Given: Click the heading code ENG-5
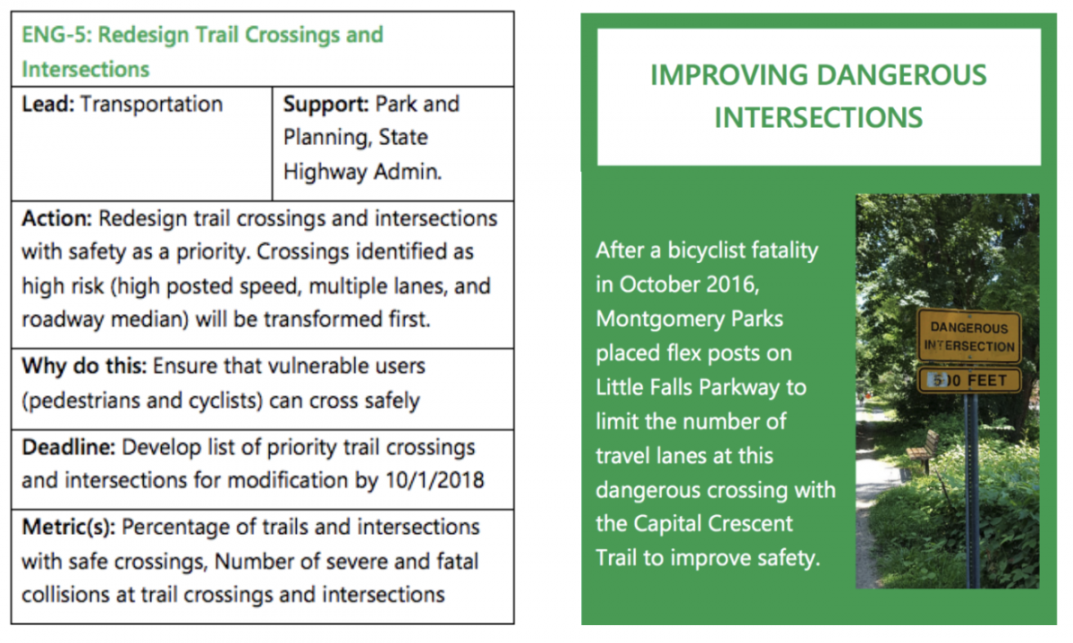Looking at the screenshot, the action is tap(56, 35).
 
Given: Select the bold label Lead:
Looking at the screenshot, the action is tap(48, 104).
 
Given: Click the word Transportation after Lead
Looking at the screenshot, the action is tap(151, 104).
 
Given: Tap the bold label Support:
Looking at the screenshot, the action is tap(325, 105).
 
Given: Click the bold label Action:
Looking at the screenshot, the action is tap(56, 218).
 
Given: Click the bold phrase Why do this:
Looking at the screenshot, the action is tap(84, 366).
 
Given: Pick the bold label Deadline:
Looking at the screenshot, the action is tap(69, 447).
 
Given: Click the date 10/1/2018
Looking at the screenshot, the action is tap(435, 480).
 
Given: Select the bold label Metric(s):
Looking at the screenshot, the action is tap(69, 528).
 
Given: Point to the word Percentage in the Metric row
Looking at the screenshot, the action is tap(176, 527).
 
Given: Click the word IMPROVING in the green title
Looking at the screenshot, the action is tap(729, 75).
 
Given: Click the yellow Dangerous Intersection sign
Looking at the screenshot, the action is tap(969, 336).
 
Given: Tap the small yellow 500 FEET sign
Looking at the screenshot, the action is tap(969, 380).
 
